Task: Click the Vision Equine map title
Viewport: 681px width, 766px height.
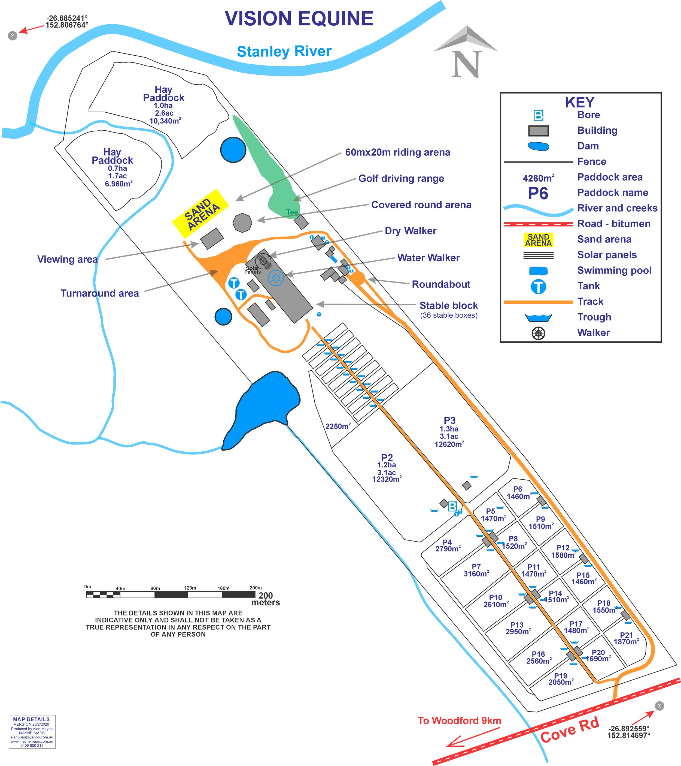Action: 299,19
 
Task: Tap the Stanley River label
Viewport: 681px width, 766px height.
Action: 284,51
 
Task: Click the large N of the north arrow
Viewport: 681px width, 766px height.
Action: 466,64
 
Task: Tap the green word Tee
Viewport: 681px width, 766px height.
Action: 292,212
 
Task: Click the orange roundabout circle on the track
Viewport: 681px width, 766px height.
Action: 358,278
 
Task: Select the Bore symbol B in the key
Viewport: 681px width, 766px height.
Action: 538,115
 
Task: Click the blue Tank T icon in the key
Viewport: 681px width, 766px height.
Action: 538,287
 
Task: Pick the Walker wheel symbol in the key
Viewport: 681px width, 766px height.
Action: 538,333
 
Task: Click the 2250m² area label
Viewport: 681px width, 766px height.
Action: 338,426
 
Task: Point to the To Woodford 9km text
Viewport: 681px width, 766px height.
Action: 459,720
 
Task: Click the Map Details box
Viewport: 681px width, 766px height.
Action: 32,732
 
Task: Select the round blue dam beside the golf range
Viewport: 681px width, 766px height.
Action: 233,149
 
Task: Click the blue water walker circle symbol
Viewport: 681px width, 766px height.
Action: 276,278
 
